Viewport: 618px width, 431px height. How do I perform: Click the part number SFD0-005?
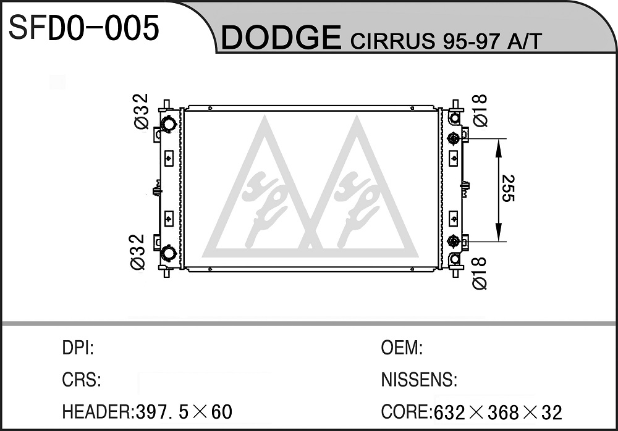tap(84, 28)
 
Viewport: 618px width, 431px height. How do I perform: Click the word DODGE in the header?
tap(281, 38)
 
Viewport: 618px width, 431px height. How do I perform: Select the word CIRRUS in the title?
tap(392, 41)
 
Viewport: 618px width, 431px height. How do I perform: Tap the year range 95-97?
tap(472, 41)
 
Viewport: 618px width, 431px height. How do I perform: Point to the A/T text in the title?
tap(525, 41)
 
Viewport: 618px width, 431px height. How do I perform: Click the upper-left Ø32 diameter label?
tap(141, 111)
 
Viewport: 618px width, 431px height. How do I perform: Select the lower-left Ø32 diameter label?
tap(138, 252)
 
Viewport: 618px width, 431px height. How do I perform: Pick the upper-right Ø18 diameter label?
tap(480, 111)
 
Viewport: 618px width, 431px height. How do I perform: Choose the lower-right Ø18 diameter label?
tap(480, 274)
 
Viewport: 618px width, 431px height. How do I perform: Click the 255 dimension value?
tap(507, 188)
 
